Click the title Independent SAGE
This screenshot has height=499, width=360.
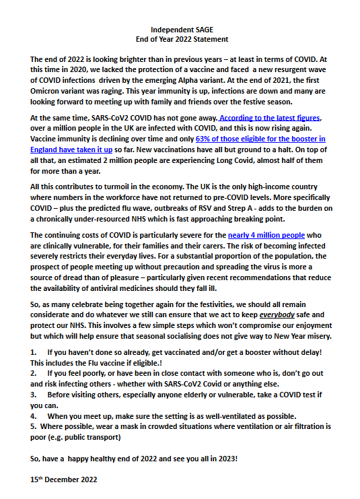pos(180,30)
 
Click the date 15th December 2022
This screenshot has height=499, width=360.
pos(64,479)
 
